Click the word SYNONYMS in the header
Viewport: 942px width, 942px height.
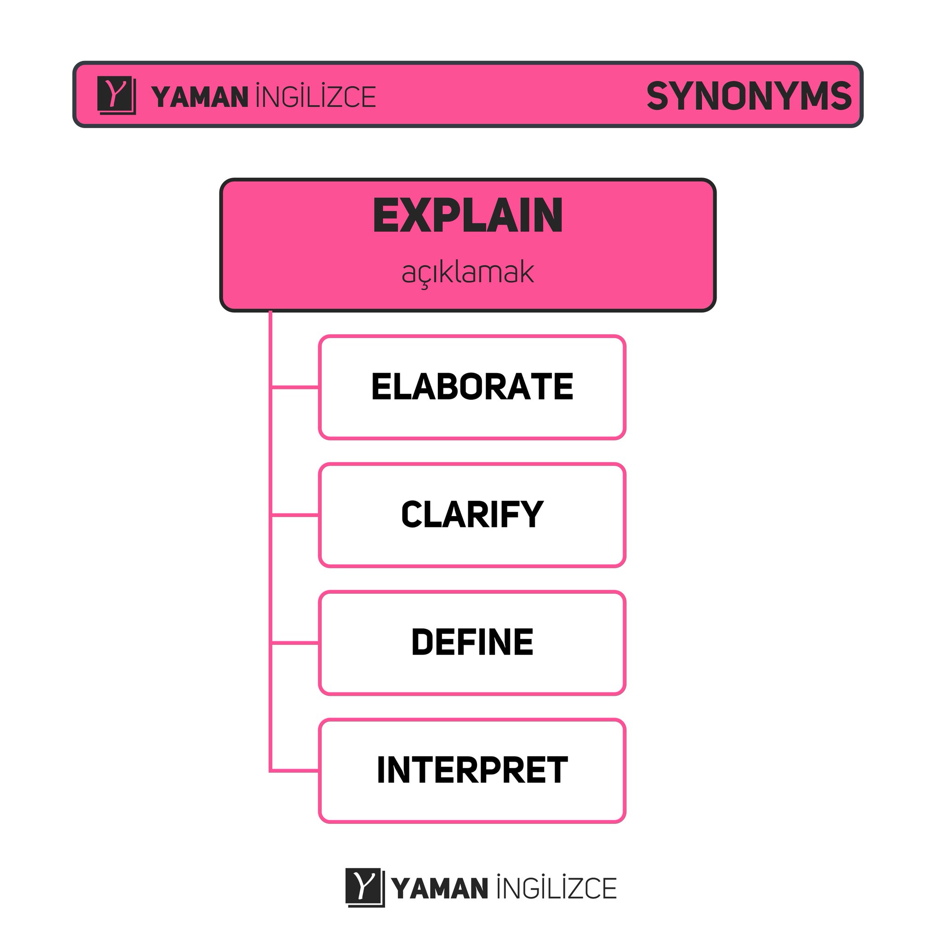[748, 96]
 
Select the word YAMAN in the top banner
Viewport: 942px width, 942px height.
[200, 97]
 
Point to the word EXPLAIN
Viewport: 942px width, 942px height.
[468, 216]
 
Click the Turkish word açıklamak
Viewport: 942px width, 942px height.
[468, 273]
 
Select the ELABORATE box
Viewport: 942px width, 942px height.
[472, 388]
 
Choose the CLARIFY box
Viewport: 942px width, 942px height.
[472, 515]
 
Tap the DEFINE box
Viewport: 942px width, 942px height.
[472, 643]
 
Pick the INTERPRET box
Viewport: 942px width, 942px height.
[472, 771]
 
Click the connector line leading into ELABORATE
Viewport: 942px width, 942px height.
[295, 388]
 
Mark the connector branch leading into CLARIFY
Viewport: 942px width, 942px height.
[295, 515]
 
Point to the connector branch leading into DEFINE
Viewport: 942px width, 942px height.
[295, 643]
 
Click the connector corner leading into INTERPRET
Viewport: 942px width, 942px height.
[271, 771]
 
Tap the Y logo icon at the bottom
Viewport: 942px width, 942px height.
[364, 887]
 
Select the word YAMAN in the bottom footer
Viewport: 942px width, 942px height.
[439, 888]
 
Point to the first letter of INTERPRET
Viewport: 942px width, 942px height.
[381, 770]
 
